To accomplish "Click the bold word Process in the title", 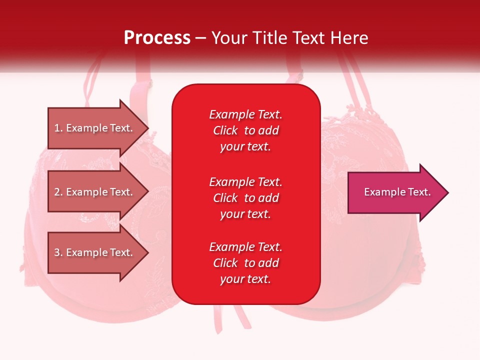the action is [157, 38].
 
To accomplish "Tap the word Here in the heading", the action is [349, 38].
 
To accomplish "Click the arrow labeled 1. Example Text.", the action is [98, 128].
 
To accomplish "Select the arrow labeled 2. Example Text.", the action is [98, 191].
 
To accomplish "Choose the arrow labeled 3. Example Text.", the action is [98, 252].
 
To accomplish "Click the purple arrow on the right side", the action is [398, 192].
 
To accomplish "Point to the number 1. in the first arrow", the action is [58, 128].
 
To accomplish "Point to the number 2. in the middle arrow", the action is [58, 192].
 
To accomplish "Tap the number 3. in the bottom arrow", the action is [58, 252].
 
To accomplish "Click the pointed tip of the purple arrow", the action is [448, 192].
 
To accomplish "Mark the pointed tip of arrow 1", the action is [148, 128].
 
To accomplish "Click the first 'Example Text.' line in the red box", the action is [246, 114].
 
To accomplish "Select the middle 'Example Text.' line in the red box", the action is [246, 182].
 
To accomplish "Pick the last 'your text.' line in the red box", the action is [245, 279].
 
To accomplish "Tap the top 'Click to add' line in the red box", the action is [246, 130].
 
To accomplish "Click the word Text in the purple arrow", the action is [419, 192].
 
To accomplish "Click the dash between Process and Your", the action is [201, 39].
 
